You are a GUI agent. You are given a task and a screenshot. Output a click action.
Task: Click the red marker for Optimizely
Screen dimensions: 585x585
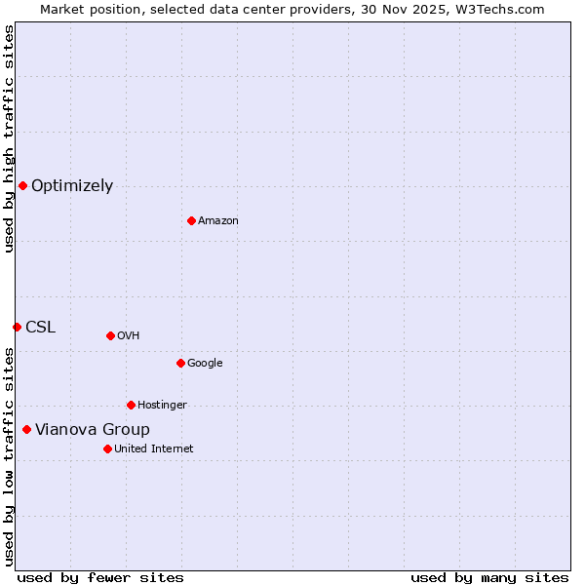point(22,185)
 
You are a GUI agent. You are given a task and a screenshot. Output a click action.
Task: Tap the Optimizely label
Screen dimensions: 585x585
point(72,186)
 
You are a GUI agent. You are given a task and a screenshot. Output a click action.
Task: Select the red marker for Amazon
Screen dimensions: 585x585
point(191,220)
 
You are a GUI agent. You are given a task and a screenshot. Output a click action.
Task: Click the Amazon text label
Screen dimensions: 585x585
point(218,221)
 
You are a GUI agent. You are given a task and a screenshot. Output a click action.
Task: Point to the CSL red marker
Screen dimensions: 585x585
point(17,327)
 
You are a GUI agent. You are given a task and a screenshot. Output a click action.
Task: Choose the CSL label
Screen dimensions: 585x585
point(41,328)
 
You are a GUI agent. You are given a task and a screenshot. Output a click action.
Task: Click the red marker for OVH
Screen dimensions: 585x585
point(110,335)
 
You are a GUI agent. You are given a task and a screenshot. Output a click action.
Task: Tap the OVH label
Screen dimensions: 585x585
point(129,336)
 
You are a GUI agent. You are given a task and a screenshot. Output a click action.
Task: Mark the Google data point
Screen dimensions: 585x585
point(180,363)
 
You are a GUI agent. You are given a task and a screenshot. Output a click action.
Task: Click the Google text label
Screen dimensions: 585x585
point(205,364)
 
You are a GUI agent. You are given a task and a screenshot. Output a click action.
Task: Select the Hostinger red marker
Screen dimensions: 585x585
point(131,405)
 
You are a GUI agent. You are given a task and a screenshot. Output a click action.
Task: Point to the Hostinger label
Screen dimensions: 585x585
point(162,406)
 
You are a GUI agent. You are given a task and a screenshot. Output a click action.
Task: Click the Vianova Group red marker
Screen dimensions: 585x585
point(26,429)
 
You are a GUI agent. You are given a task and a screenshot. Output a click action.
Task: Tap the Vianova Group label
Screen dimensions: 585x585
point(93,430)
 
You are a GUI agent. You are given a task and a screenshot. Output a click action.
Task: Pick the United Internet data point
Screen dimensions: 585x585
point(107,448)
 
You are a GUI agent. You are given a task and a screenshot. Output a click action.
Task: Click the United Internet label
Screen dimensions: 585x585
point(154,449)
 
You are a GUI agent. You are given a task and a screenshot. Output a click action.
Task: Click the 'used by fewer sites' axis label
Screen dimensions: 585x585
point(100,577)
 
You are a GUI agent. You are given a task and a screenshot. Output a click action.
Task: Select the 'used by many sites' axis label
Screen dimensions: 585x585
point(489,577)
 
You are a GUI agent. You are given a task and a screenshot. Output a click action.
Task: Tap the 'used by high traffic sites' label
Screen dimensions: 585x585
point(9,138)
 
